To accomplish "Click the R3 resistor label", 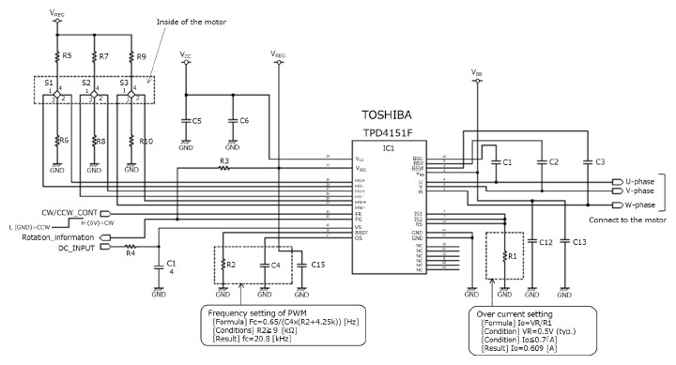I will coord(223,162).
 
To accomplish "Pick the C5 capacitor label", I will coord(196,122).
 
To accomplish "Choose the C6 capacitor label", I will coord(243,122).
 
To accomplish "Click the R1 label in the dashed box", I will coord(512,255).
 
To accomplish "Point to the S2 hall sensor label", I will coord(85,83).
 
